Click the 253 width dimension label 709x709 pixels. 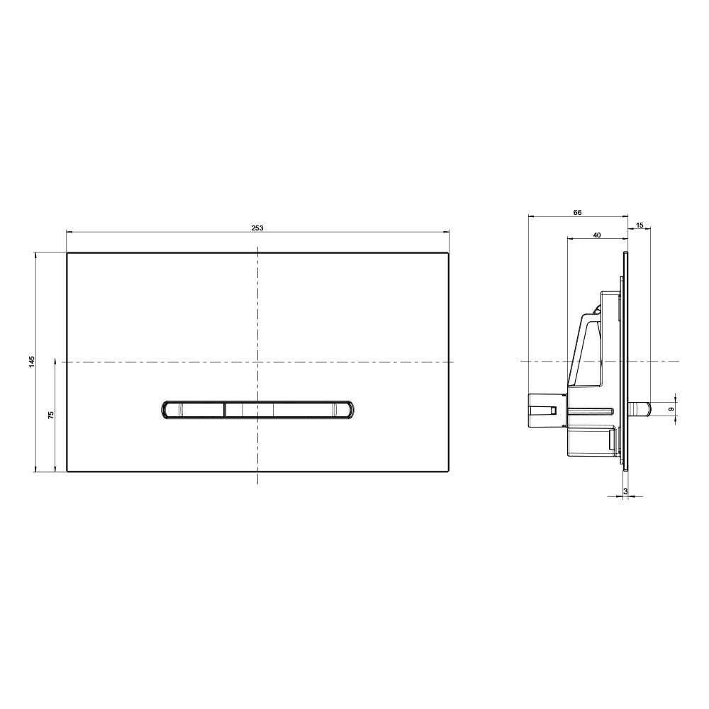pyautogui.click(x=257, y=228)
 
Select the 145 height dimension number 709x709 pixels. pyautogui.click(x=32, y=362)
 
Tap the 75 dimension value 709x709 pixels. pyautogui.click(x=51, y=415)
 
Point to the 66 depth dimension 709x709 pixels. pyautogui.click(x=577, y=212)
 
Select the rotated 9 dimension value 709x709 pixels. pyautogui.click(x=671, y=409)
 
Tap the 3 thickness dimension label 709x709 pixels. pyautogui.click(x=625, y=490)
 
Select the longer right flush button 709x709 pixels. pyautogui.click(x=287, y=409)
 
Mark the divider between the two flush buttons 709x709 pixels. pyautogui.click(x=225, y=409)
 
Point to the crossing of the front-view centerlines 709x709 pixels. pyautogui.click(x=257, y=362)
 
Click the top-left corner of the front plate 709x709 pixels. pyautogui.click(x=67, y=253)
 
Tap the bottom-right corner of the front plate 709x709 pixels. pyautogui.click(x=448, y=471)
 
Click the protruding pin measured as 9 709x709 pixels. pyautogui.click(x=640, y=409)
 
